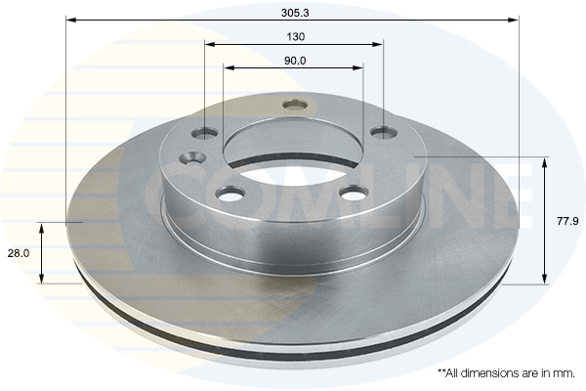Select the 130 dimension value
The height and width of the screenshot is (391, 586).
click(296, 36)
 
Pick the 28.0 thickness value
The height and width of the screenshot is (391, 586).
click(18, 252)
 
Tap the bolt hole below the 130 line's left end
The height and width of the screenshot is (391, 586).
click(205, 132)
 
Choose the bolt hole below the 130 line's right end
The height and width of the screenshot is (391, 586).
click(384, 131)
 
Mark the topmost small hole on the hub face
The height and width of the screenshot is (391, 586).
click(294, 104)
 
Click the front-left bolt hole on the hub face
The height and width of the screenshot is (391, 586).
click(230, 194)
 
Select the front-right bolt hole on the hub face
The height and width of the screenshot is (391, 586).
click(353, 193)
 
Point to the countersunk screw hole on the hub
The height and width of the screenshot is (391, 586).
click(192, 157)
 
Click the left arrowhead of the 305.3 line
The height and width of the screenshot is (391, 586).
click(70, 19)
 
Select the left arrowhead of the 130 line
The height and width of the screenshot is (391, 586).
click(209, 44)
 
